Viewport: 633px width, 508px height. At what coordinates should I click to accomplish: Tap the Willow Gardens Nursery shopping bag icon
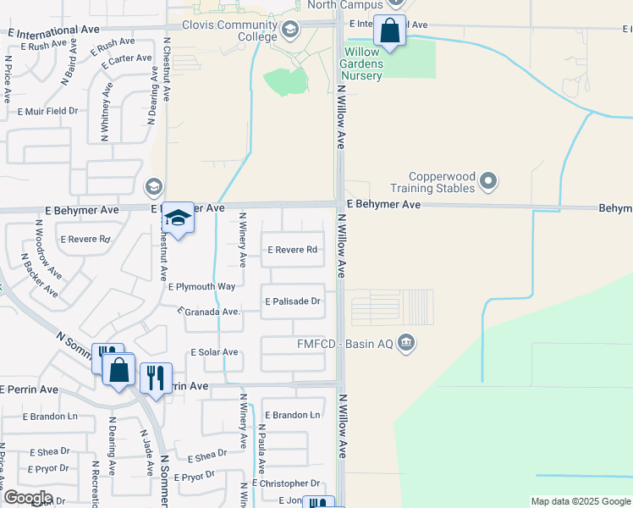click(x=390, y=32)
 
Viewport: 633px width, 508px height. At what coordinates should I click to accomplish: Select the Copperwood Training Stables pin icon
click(x=488, y=181)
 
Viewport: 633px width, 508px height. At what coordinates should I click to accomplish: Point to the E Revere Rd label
click(x=292, y=250)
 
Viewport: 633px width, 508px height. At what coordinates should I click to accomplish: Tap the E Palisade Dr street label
click(x=293, y=301)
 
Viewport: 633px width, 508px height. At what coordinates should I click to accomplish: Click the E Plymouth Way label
click(x=202, y=287)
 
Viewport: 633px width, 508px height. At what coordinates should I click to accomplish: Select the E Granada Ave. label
click(x=210, y=312)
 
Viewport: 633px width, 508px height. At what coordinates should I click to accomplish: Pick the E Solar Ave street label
click(x=214, y=352)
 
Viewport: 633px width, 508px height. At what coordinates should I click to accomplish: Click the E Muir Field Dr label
click(x=47, y=111)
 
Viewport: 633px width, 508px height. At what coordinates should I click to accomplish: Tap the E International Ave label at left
click(x=53, y=30)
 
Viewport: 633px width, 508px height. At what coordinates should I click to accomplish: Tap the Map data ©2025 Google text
click(x=580, y=501)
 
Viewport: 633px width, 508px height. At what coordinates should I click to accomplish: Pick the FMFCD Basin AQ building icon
click(x=406, y=343)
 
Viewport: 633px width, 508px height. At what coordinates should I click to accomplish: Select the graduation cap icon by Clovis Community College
click(x=290, y=30)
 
